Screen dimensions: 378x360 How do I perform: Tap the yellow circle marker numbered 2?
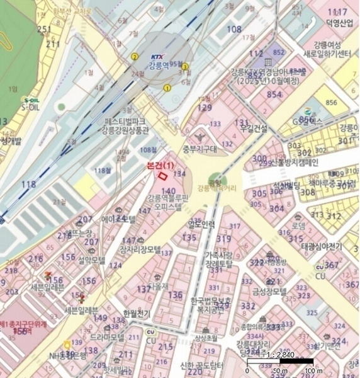coord(134,57)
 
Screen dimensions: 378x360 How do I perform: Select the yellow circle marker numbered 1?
coord(167,88)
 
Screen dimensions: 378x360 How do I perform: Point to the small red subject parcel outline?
coord(165,175)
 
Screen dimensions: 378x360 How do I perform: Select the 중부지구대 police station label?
coord(200,149)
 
